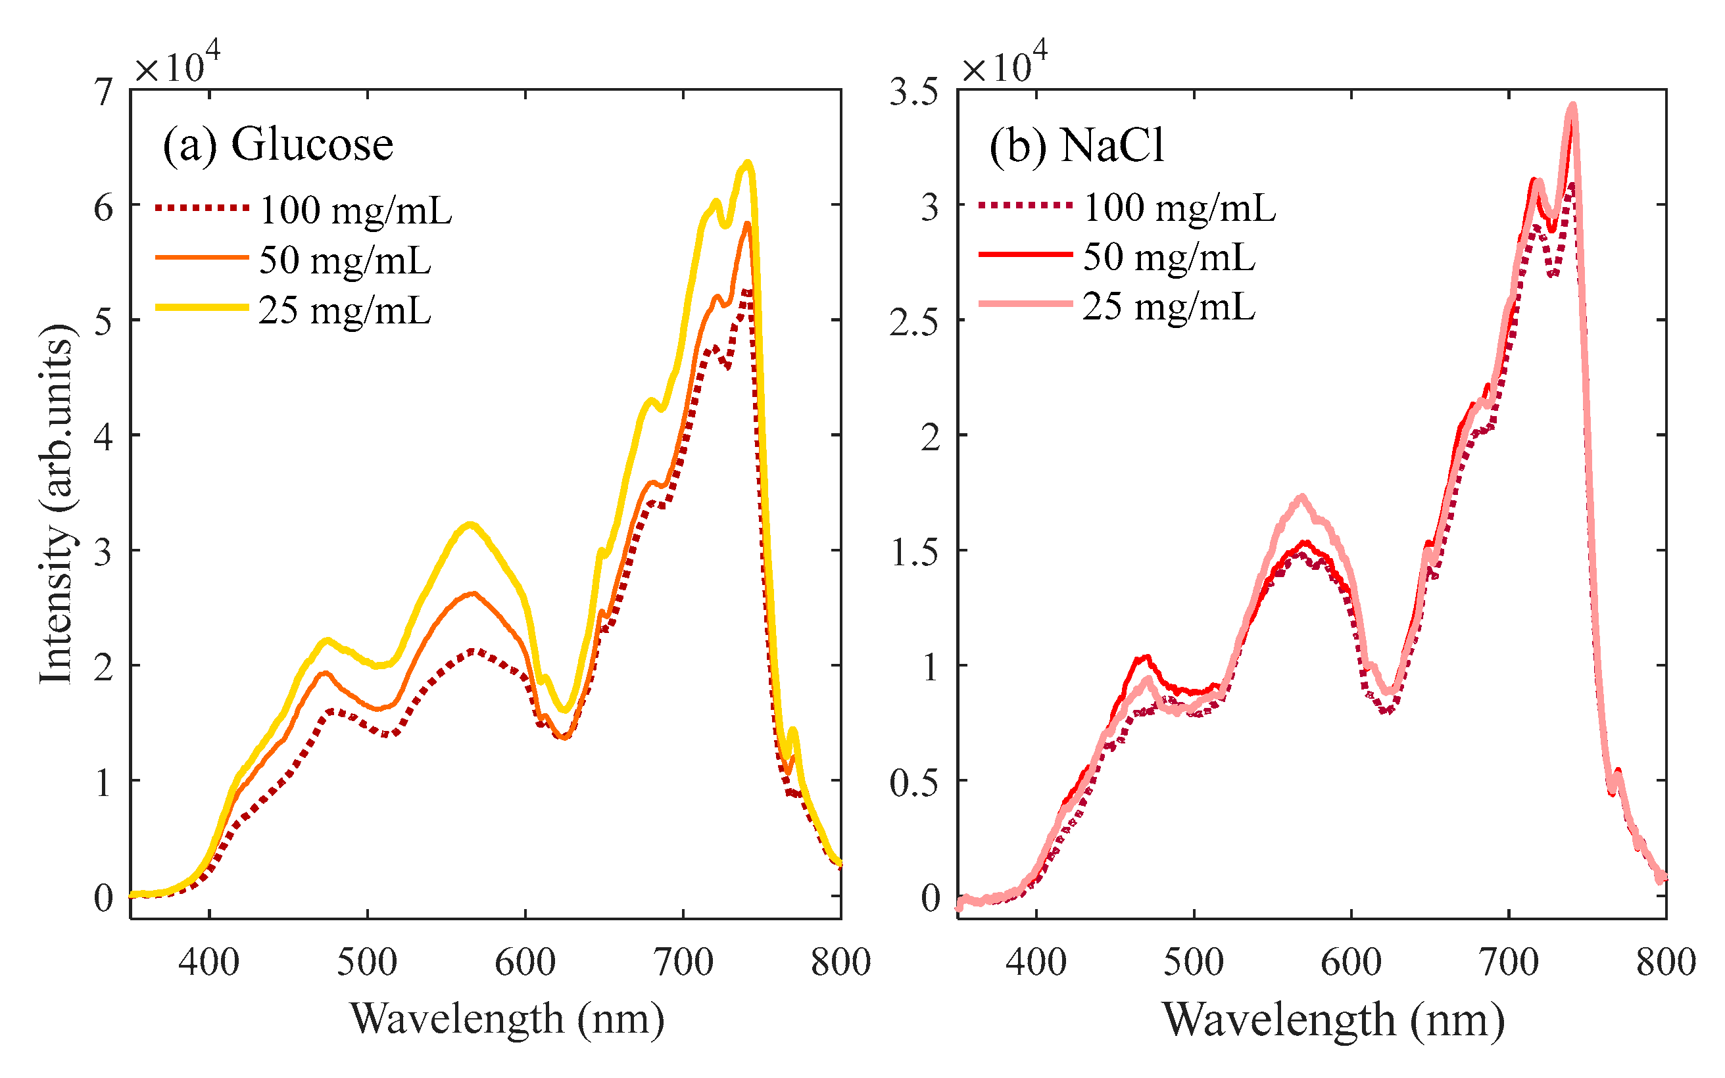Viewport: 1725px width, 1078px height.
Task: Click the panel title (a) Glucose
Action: click(278, 145)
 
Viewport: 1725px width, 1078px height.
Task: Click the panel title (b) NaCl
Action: click(1076, 146)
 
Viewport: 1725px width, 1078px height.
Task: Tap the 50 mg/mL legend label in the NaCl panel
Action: click(1169, 258)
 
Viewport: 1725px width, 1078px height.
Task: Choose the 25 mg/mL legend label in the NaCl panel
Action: click(1169, 307)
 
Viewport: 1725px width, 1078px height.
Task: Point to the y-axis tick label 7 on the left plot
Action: click(104, 93)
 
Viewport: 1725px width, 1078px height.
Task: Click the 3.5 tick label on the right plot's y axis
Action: click(913, 93)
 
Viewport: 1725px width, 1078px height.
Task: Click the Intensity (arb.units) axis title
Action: click(57, 504)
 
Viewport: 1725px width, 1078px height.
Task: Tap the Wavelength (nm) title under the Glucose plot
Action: click(507, 1018)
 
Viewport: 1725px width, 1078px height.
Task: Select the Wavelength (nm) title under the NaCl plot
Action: click(1333, 1019)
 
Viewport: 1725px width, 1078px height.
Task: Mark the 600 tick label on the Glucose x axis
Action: click(525, 962)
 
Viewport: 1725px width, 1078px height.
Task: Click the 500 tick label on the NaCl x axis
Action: click(1193, 962)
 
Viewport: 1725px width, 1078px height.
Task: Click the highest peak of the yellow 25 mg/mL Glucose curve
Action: click(747, 163)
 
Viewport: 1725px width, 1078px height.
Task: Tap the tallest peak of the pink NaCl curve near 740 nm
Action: click(1572, 106)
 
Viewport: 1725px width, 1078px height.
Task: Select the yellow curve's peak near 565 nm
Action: click(470, 525)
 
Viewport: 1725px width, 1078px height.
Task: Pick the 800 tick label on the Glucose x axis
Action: click(840, 962)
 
